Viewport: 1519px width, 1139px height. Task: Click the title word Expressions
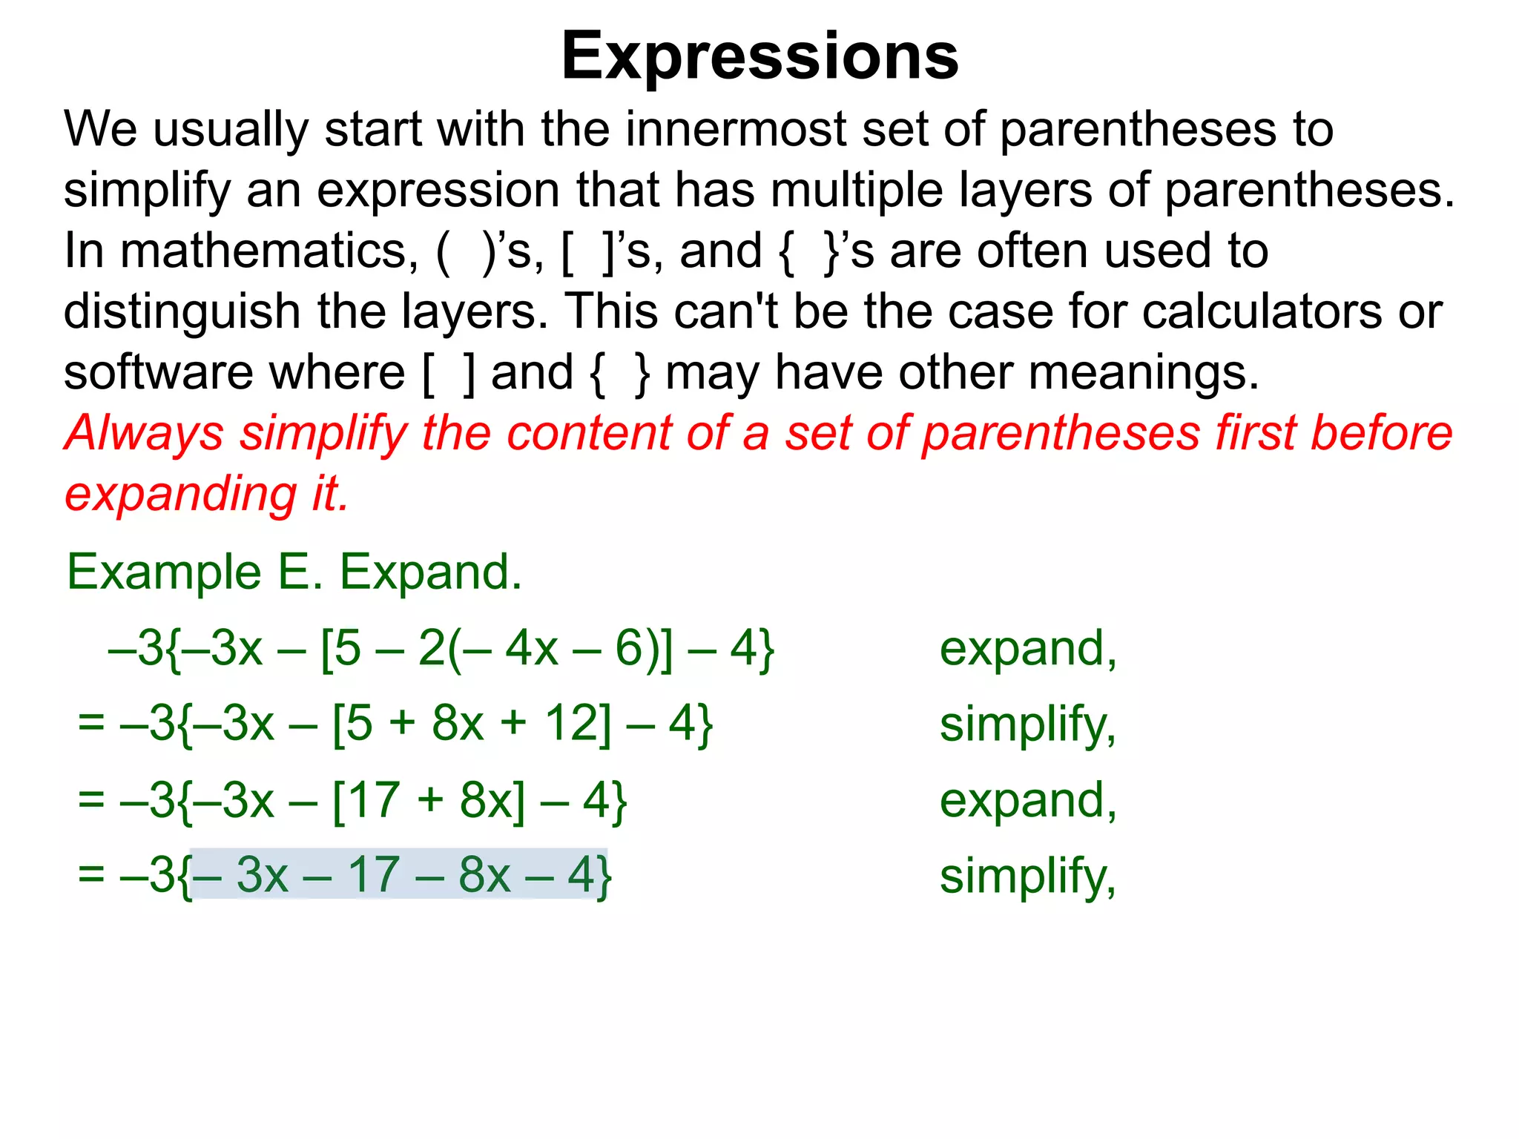click(759, 56)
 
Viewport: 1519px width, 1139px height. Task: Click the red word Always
click(143, 434)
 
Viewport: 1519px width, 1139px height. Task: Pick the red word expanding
click(180, 495)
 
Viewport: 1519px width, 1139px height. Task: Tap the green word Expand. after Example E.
click(431, 572)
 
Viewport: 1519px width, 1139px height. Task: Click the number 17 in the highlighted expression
click(375, 875)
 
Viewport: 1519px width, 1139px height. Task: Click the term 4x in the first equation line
click(531, 649)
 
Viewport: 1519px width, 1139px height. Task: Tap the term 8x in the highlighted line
click(484, 875)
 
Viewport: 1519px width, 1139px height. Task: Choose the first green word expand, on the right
click(1027, 649)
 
